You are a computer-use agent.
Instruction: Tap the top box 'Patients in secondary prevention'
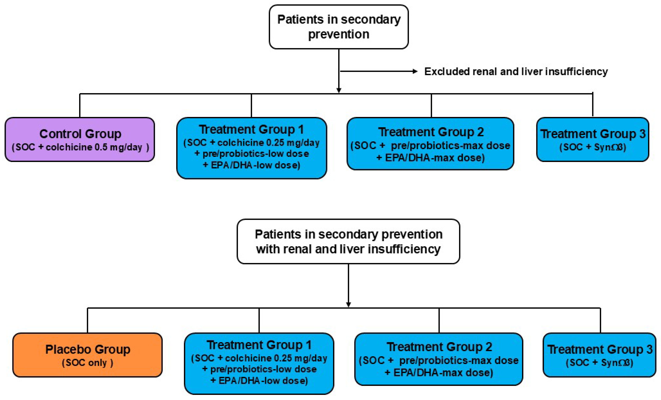[x=339, y=27]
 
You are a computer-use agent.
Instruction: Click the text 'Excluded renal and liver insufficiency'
[x=516, y=71]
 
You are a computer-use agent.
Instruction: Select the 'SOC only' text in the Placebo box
[x=87, y=363]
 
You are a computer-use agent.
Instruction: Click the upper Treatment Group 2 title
[x=431, y=132]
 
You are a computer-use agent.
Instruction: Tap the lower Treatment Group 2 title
[x=439, y=347]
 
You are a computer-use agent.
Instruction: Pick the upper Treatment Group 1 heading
[x=251, y=129]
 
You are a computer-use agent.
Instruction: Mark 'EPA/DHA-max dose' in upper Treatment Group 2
[x=435, y=158]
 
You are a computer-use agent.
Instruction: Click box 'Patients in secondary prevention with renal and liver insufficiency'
[x=348, y=241]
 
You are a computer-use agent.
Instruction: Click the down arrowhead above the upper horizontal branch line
[x=339, y=90]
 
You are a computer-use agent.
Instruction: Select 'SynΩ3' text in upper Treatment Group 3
[x=609, y=147]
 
